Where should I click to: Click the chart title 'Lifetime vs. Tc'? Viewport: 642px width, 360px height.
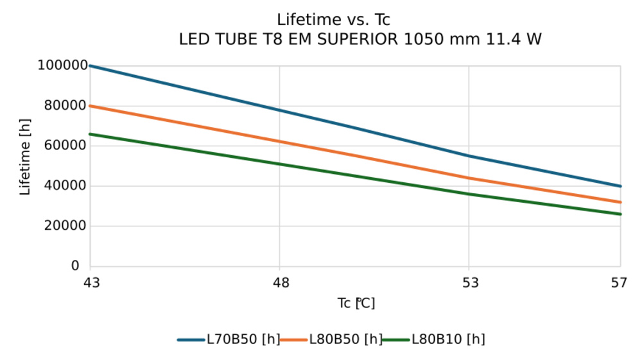pyautogui.click(x=333, y=20)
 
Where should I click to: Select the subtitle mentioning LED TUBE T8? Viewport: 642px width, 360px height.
pyautogui.click(x=360, y=40)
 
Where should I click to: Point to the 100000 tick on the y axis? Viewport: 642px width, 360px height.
pyautogui.click(x=62, y=65)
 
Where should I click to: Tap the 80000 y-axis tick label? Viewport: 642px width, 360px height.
pyautogui.click(x=65, y=106)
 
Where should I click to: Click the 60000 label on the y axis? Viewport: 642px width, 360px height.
pyautogui.click(x=65, y=146)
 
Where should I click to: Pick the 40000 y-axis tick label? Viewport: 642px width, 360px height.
pyautogui.click(x=65, y=186)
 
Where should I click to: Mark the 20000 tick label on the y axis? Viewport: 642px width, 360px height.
pyautogui.click(x=65, y=226)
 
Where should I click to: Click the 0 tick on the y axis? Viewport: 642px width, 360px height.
pyautogui.click(x=76, y=266)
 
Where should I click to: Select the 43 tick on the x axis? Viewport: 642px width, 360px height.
pyautogui.click(x=91, y=282)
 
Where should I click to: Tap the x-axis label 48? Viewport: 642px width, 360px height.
pyautogui.click(x=280, y=282)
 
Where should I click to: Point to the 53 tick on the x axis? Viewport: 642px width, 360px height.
pyautogui.click(x=469, y=282)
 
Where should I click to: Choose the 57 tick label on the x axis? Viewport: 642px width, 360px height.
pyautogui.click(x=620, y=282)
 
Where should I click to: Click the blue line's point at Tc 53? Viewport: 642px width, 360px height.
pyautogui.click(x=469, y=156)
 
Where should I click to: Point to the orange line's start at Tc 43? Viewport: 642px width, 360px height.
pyautogui.click(x=91, y=106)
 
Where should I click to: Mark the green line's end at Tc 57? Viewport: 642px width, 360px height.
pyautogui.click(x=620, y=214)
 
